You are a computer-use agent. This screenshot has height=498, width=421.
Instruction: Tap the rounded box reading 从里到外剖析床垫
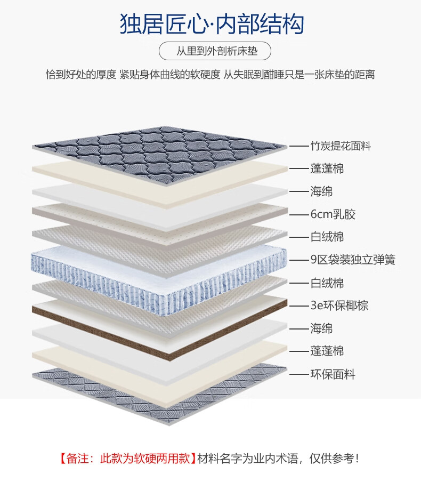(x=215, y=52)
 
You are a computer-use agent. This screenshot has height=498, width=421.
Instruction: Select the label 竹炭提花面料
(x=341, y=146)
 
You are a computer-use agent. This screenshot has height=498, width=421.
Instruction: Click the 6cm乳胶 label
(x=333, y=214)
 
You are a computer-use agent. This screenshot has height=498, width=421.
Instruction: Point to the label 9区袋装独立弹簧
(x=353, y=260)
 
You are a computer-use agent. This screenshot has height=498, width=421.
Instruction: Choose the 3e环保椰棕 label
(x=339, y=306)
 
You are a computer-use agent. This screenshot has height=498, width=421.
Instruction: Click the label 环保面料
(x=333, y=374)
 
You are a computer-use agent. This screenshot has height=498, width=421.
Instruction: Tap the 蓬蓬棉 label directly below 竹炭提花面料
(x=327, y=168)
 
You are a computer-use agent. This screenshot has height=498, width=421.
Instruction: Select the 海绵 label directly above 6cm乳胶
(x=321, y=191)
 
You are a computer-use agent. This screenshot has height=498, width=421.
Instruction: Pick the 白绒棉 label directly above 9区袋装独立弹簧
(x=327, y=237)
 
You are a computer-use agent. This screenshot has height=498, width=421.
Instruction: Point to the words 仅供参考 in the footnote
(x=332, y=458)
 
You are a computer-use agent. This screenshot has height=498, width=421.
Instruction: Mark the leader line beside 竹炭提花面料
(x=299, y=146)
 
